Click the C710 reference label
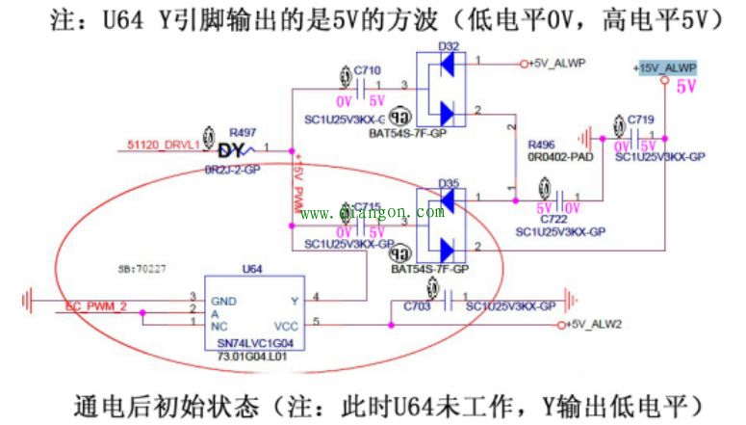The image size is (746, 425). coord(367,70)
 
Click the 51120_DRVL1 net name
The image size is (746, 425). coord(163,145)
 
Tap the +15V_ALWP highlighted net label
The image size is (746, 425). coord(664,67)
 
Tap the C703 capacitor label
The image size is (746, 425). coord(417,305)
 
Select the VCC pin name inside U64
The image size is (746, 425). coord(287,325)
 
